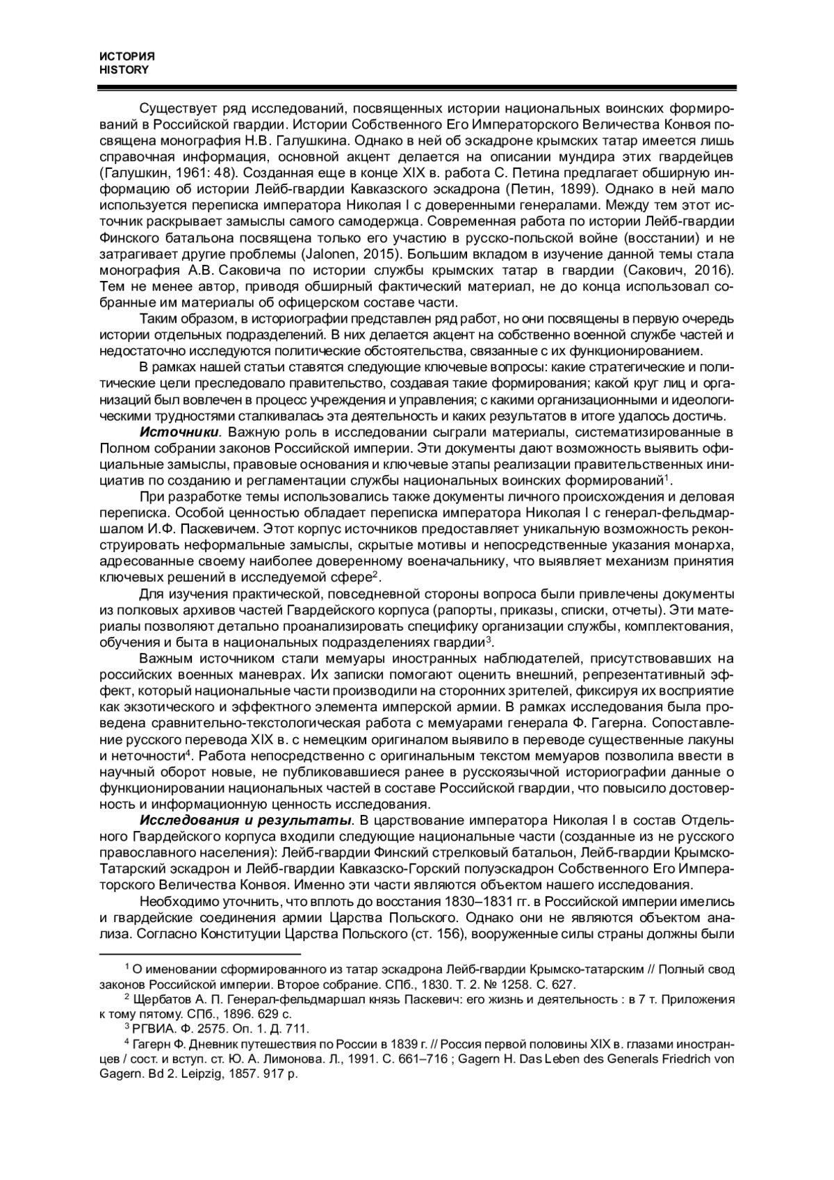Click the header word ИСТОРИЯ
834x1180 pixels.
126,56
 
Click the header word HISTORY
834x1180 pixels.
124,70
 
